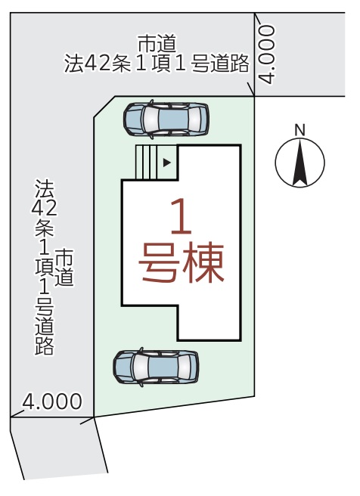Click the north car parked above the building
click(x=166, y=119)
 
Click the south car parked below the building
click(x=156, y=367)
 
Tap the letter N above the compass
click(x=299, y=130)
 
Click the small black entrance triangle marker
click(x=166, y=163)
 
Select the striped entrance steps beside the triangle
click(x=146, y=163)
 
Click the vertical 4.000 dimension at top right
click(x=267, y=54)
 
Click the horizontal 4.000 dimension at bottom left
click(x=52, y=401)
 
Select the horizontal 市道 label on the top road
click(x=157, y=44)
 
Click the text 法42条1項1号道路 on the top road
click(x=157, y=64)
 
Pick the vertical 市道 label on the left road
click(x=64, y=268)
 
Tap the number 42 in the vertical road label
click(x=45, y=208)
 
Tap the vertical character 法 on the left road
click(x=45, y=189)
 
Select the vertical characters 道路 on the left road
click(x=45, y=335)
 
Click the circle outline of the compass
click(x=275, y=163)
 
